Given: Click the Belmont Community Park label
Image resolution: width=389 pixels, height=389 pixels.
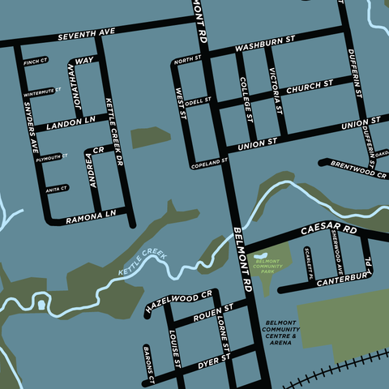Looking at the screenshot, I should point(267,267).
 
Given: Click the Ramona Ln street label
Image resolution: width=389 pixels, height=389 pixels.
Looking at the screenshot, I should point(90,218).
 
